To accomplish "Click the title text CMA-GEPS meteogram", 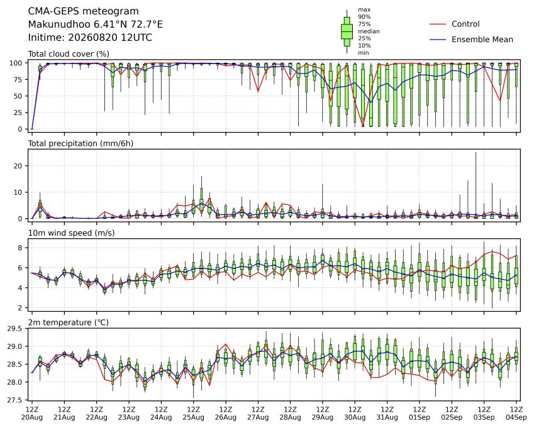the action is tap(84, 11).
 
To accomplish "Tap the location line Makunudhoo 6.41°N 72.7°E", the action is tap(96, 25).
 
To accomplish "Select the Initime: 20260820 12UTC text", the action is tap(90, 38).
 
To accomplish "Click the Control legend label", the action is tap(465, 24).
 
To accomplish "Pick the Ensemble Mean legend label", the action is tap(482, 40).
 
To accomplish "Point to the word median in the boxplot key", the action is tap(369, 31).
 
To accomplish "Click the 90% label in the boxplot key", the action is tap(364, 17).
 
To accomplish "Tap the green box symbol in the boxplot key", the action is tap(347, 31).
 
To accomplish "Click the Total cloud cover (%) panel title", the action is tap(69, 54).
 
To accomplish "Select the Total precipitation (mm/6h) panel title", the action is tap(81, 143).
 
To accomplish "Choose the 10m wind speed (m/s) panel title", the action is tap(71, 233).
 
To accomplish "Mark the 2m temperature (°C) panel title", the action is tap(68, 322).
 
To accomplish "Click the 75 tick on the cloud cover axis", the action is tap(18, 80).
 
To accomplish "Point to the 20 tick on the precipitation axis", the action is tap(18, 166).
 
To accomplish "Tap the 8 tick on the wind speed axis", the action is tap(20, 248).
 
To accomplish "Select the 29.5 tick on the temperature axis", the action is tap(15, 329).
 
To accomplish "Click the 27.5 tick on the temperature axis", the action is tap(15, 400).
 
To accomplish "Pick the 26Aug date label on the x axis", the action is tap(225, 417).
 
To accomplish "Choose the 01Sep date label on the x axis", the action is tap(420, 417).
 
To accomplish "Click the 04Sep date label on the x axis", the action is tap(516, 417).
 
